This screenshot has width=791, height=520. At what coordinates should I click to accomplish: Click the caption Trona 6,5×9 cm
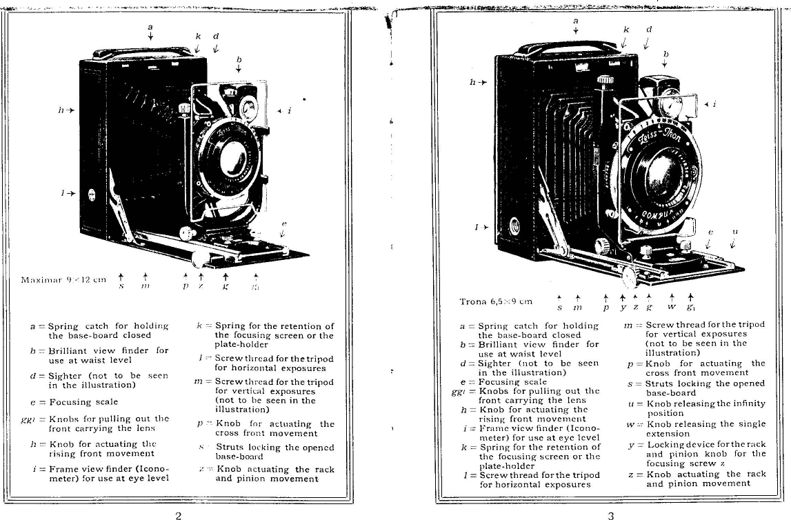tap(496, 301)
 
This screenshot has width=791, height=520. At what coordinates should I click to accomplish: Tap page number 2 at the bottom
tap(178, 514)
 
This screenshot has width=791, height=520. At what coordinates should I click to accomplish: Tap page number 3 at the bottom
tap(611, 514)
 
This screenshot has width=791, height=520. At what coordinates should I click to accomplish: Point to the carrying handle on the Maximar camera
tap(143, 52)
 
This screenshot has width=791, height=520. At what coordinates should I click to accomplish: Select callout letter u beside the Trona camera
tap(734, 232)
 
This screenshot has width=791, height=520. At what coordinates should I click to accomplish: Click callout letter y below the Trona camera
tap(623, 306)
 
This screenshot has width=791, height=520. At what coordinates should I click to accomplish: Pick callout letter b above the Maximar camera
tap(239, 59)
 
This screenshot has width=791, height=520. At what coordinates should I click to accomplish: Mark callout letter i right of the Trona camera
tap(714, 104)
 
